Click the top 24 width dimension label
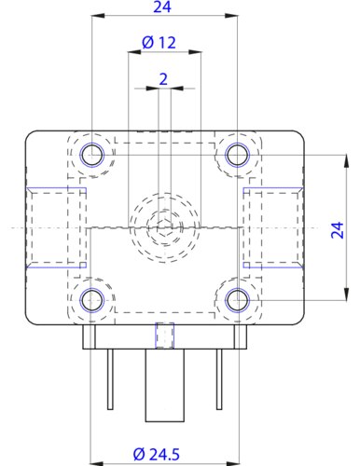pos(162,7)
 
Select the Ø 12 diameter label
pos(159,43)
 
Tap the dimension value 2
pos(163,79)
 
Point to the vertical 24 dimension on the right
pos(338,230)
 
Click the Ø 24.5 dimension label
pos(157,455)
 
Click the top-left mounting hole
pos(92,155)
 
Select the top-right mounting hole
pos(238,155)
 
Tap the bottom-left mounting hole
pos(92,300)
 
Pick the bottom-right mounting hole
pos(238,300)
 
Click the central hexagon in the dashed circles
pos(164,227)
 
